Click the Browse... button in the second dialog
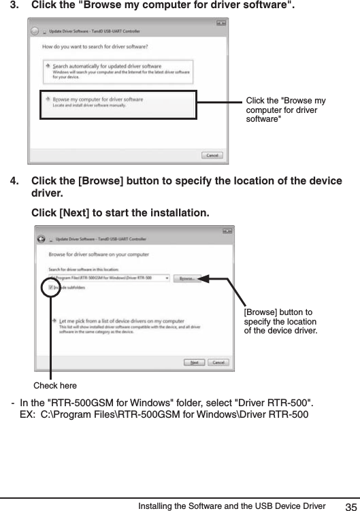pos(186,278)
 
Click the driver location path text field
pos(109,278)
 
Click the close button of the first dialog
pos(221,24)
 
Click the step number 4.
pos(14,180)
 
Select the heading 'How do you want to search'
pos(95,47)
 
